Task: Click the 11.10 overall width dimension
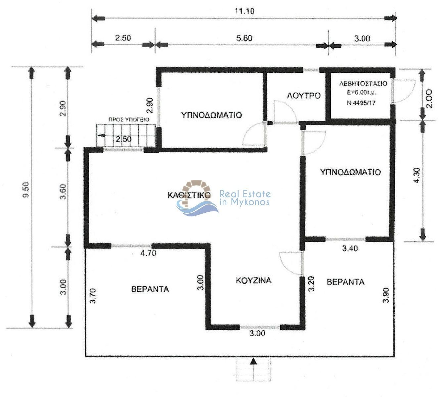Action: tap(244, 11)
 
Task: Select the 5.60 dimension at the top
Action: tap(244, 38)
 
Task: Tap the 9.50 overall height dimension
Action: tap(26, 190)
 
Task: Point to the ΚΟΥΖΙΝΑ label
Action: tap(253, 280)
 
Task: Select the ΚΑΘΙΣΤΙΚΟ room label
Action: tap(189, 195)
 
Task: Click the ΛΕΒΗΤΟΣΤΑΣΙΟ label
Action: tap(363, 84)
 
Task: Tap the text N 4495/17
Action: tap(361, 103)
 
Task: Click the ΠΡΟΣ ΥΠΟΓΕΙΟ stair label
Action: tap(129, 120)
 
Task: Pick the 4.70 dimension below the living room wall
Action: tap(148, 253)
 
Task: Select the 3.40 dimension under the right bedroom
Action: tap(350, 249)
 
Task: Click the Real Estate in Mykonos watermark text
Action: tap(245, 198)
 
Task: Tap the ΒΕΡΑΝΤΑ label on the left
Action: tap(150, 289)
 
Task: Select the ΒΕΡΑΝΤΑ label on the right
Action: tap(345, 282)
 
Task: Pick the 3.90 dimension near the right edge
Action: tap(386, 295)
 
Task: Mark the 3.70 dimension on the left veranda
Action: tap(93, 296)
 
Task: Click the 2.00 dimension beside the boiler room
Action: tap(429, 98)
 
